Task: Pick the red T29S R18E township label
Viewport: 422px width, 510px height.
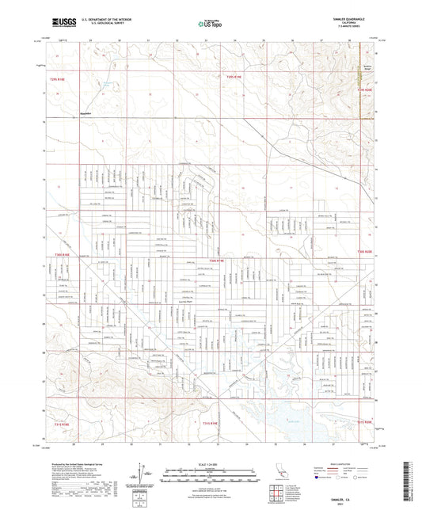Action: (x=60, y=79)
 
